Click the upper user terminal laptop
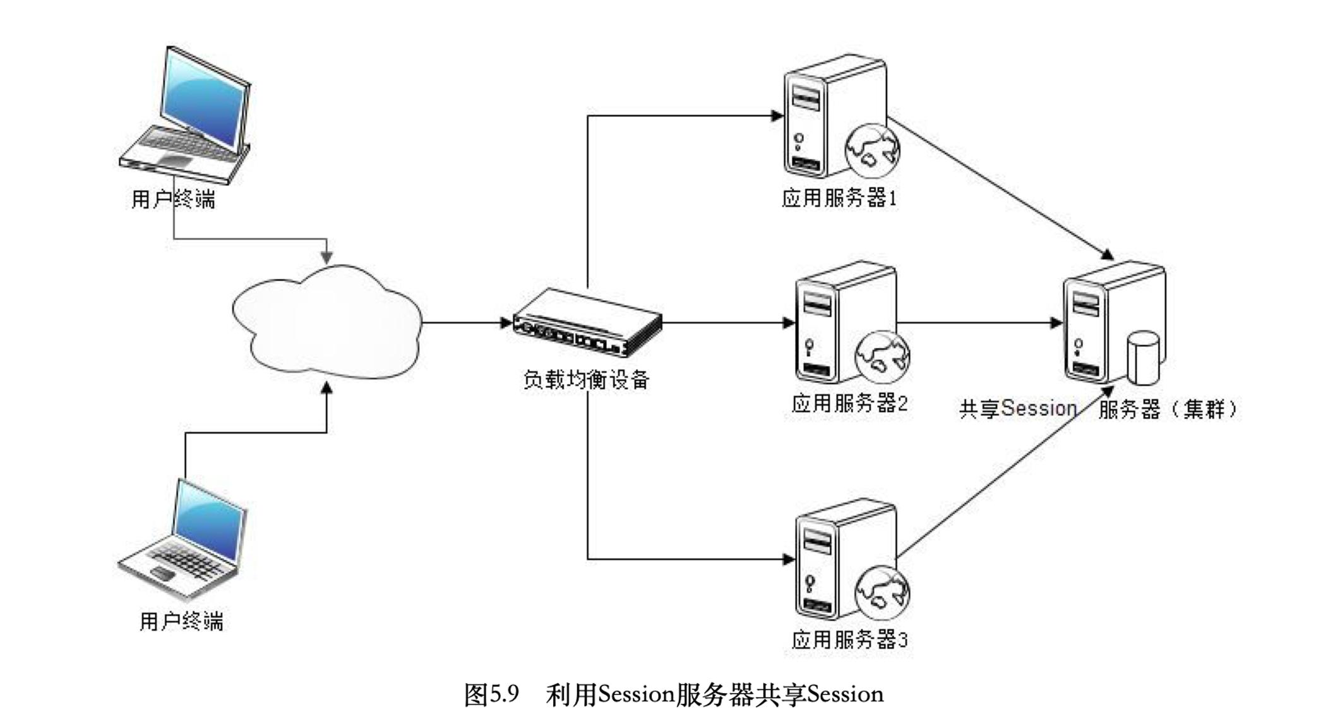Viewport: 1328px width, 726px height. [x=186, y=114]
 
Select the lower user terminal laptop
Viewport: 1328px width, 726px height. [x=183, y=540]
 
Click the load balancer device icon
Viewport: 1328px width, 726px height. [x=587, y=324]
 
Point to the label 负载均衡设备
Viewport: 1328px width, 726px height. [x=586, y=379]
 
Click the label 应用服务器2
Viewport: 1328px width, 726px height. [x=849, y=403]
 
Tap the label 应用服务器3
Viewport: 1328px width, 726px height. [x=849, y=640]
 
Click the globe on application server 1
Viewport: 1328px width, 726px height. [x=873, y=150]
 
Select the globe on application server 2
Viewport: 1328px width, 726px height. [x=882, y=357]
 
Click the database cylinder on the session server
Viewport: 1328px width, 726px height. [x=1143, y=358]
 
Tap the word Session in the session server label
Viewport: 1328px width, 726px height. [x=1039, y=409]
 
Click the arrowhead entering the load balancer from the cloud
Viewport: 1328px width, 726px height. [x=506, y=323]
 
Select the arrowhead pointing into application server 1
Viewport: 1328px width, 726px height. [x=777, y=116]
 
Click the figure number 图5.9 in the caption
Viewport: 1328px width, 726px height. [x=491, y=694]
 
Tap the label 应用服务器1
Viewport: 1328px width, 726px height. [x=839, y=198]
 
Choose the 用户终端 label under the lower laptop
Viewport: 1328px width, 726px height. [x=181, y=621]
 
